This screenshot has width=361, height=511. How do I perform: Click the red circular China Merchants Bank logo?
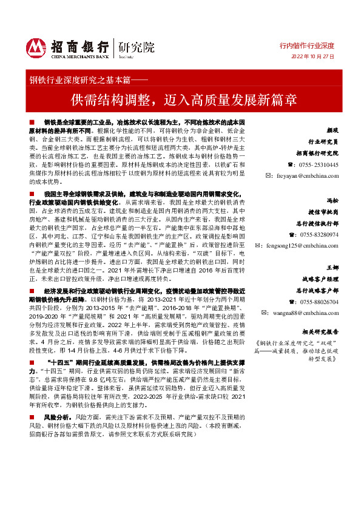tap(36, 47)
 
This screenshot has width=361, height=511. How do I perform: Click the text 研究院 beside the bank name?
tap(137, 47)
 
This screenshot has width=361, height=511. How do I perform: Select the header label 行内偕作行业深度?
tap(306, 46)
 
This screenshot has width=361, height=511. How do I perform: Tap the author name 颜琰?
tap(332, 130)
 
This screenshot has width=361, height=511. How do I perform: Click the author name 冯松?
tap(332, 200)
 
